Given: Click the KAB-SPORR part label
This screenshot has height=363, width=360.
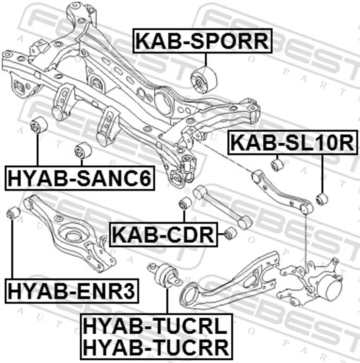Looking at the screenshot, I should coord(202,41).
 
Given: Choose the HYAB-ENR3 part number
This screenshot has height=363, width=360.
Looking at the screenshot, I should coord(72,291).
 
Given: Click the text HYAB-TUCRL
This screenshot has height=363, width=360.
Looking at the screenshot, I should coord(155,327).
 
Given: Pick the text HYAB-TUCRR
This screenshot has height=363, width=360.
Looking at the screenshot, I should coord(155,347).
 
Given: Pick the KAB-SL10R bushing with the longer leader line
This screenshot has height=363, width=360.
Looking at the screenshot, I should coord(321,198).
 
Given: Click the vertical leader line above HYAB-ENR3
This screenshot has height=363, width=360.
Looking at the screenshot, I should coord(12,248).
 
